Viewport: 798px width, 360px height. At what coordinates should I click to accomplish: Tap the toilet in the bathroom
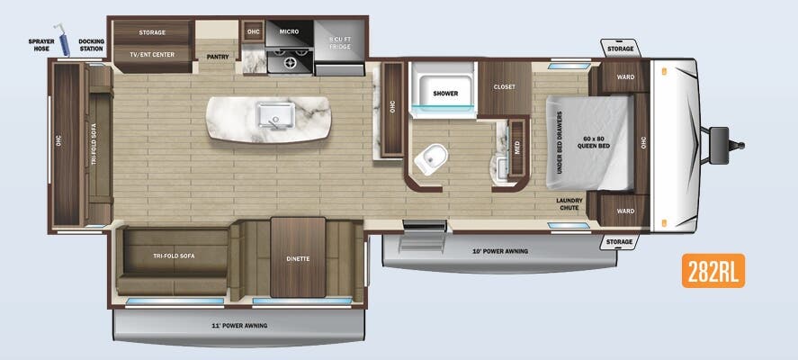pos(431,158)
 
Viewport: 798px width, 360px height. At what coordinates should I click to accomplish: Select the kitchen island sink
pos(269,116)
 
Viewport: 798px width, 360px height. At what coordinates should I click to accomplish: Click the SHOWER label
pos(445,93)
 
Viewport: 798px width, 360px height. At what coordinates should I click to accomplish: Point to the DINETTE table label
pos(298,259)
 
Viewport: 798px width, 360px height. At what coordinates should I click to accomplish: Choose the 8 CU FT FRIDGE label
pos(340,42)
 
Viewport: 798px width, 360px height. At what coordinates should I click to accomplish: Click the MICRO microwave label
pos(289,32)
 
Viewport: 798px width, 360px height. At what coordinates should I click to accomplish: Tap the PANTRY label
pos(218,57)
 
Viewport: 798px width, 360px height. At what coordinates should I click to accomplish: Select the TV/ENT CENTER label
pos(152,55)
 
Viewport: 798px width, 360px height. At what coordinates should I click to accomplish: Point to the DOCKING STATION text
pos(91,44)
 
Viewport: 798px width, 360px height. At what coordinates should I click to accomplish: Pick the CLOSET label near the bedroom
pos(504,87)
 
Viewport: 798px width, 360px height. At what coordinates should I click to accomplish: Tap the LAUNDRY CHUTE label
pos(569,202)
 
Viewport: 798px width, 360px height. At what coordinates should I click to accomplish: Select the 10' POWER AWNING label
pos(500,251)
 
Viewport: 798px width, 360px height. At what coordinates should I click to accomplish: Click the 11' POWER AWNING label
pos(238,325)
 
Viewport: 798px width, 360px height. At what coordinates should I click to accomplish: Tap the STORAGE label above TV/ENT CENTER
pos(152,32)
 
